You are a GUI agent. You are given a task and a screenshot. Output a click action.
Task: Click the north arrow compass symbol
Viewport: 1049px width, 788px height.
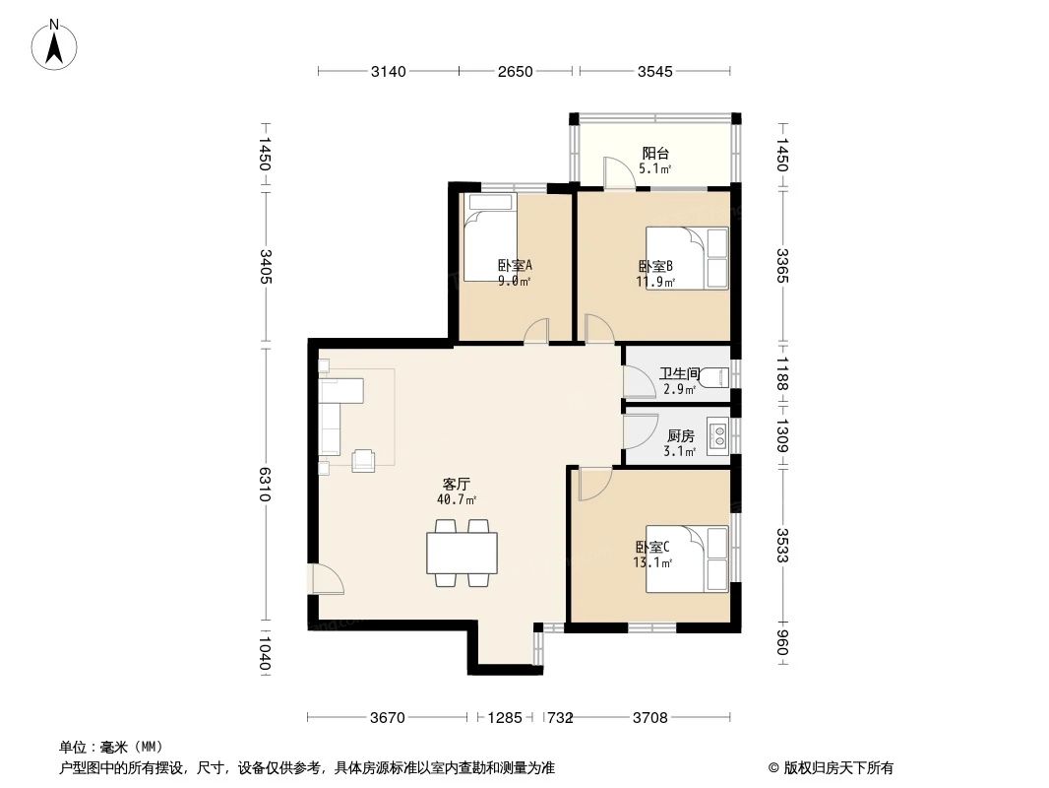click(56, 44)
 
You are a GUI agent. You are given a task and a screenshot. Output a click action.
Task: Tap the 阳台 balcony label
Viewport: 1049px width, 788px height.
click(655, 154)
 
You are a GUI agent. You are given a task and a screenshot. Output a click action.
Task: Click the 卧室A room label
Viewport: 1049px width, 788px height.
click(514, 265)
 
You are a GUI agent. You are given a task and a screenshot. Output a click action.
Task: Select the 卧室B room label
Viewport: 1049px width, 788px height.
click(655, 266)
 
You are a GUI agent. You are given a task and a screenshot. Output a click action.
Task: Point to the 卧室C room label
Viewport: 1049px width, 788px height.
click(652, 548)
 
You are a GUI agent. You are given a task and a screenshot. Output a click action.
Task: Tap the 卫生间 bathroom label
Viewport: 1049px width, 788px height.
click(679, 374)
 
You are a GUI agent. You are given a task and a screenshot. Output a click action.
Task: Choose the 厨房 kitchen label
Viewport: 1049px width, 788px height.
click(681, 436)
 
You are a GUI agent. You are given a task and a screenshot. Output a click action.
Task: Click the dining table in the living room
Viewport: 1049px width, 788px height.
click(462, 553)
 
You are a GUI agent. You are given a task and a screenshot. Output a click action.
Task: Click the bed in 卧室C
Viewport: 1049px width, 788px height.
click(687, 559)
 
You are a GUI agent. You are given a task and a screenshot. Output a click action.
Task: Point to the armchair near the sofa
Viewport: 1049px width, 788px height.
click(363, 460)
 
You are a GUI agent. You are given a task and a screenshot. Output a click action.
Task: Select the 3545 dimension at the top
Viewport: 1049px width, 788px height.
click(654, 71)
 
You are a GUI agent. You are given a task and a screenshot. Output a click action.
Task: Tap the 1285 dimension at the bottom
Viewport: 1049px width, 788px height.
click(505, 718)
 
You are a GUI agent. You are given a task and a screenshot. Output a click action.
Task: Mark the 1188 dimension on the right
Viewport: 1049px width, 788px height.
click(782, 373)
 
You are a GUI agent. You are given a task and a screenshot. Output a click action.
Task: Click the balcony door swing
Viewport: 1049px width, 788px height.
click(620, 174)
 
